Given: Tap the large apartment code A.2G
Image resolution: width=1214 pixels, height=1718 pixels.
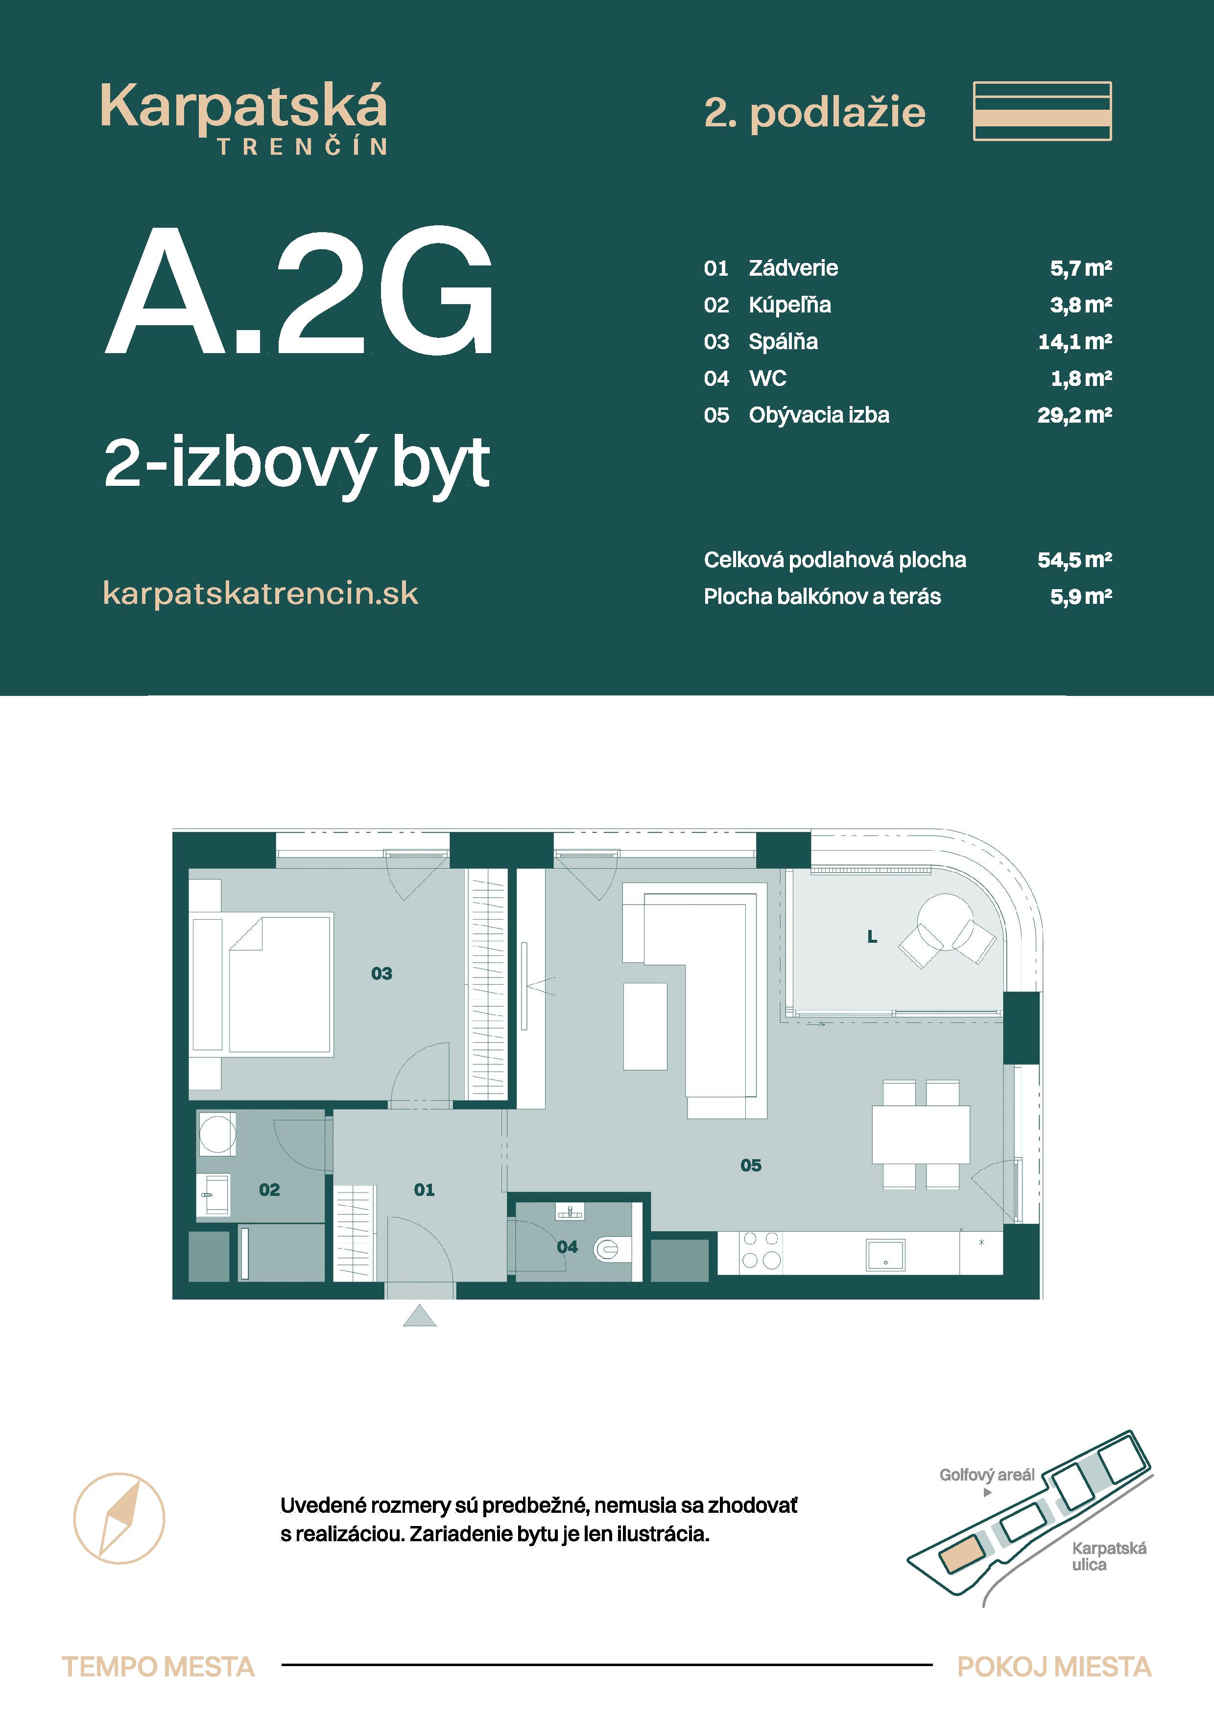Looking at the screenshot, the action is [298, 291].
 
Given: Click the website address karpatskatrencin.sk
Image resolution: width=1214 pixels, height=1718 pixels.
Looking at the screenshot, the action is [261, 594].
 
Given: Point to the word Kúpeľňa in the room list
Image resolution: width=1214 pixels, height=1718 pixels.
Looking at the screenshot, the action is [790, 305].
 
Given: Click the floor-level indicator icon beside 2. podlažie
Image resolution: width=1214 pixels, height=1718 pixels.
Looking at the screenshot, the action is [1042, 111].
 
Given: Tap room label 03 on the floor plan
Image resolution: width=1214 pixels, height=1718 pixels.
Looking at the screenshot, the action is [381, 974].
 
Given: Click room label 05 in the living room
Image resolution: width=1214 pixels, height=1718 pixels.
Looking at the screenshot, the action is [751, 1165].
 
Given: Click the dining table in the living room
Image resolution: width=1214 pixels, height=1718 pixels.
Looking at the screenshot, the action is [921, 1134].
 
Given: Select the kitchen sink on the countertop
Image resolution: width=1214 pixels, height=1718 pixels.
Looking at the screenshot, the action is [885, 1255].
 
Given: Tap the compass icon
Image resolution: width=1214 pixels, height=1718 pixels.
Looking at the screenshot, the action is [119, 1518].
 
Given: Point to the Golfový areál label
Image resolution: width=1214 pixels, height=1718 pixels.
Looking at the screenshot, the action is [987, 1475].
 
